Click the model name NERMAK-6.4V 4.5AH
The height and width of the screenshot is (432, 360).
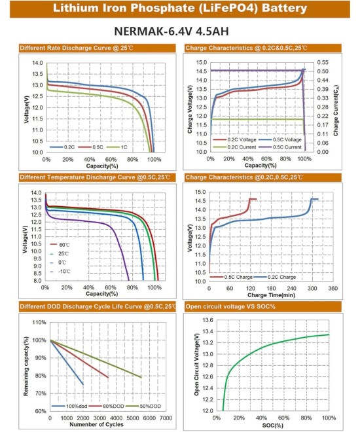(171, 31)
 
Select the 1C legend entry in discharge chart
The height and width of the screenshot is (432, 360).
(117, 147)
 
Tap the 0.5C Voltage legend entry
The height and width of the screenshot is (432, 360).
(280, 139)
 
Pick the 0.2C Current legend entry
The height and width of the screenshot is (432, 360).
(235, 147)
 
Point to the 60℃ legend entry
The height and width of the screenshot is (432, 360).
(60, 245)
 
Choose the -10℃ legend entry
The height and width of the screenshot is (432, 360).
(60, 272)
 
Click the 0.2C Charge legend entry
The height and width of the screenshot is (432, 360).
(275, 277)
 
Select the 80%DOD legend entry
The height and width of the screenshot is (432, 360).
(107, 406)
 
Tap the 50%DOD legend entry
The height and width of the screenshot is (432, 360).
(143, 406)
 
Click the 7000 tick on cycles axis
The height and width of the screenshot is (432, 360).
(166, 418)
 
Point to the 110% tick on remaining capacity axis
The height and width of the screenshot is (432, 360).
(39, 322)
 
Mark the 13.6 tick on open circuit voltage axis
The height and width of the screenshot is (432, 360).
(207, 320)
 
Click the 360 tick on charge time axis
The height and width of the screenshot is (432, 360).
(333, 288)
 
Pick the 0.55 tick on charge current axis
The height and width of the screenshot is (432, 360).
(323, 63)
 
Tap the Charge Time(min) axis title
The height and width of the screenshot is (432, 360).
(271, 295)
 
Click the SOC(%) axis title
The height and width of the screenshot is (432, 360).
(272, 425)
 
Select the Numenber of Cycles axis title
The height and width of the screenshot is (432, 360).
(96, 424)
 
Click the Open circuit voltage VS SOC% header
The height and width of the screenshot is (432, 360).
(230, 306)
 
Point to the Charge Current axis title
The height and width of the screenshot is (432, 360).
(336, 111)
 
